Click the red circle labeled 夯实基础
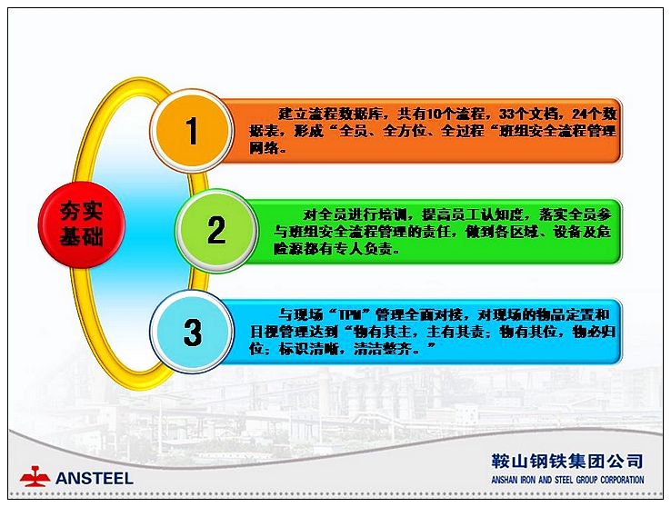81,224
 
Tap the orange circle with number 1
192,131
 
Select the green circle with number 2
217,231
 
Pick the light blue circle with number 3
192,332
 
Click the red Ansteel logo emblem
35,477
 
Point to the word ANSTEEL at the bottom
95,478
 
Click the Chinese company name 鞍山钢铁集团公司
567,461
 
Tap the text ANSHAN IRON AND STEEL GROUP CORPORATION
567,480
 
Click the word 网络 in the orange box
264,148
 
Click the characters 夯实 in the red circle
81,211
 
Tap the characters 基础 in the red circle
81,236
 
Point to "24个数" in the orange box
595,114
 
